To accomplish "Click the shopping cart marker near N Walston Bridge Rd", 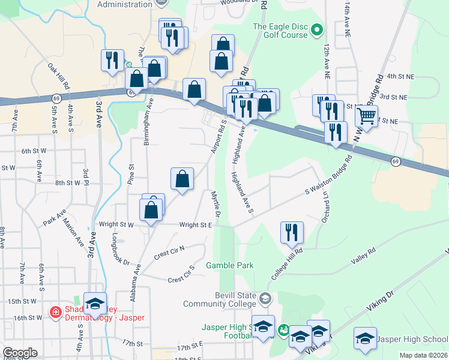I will (x=367, y=116).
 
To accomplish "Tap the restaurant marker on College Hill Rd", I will (x=292, y=232).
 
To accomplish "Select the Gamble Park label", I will (x=230, y=265).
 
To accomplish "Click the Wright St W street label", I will (x=118, y=225).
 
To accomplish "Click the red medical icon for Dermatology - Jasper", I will (x=55, y=313).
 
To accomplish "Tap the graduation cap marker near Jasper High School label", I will (x=365, y=338).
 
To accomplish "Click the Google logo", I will (x=20, y=353).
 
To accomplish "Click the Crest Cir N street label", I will (x=169, y=251).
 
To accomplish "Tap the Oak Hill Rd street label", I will (x=60, y=73).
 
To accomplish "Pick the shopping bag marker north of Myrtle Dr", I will (x=182, y=179).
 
